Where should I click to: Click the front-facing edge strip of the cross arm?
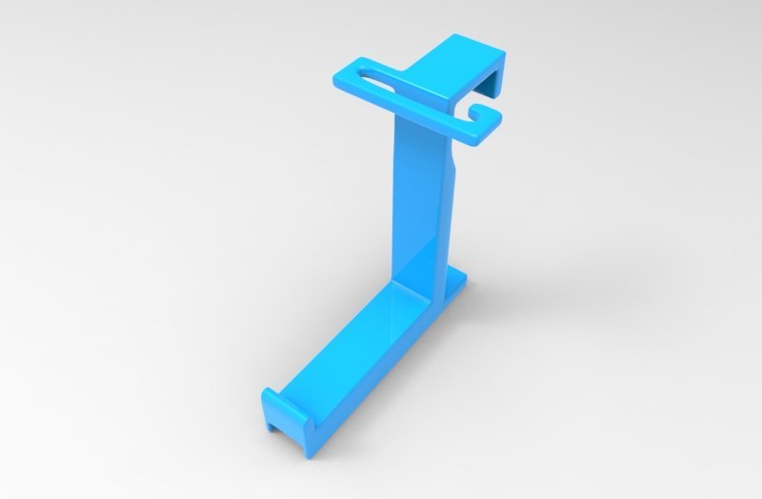click(x=410, y=119)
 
